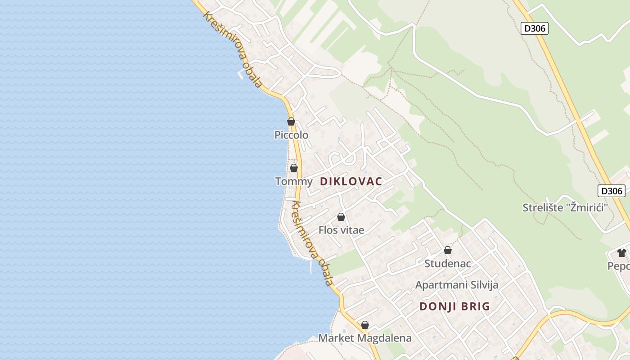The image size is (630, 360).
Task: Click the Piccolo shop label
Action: (x=292, y=135)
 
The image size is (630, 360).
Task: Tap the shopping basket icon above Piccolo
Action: (x=291, y=121)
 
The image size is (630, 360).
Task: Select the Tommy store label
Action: (x=293, y=181)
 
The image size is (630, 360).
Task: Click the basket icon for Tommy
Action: (x=294, y=168)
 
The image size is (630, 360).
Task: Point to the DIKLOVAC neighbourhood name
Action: (x=351, y=181)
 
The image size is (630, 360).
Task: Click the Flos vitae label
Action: (x=341, y=230)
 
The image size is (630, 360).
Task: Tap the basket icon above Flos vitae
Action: (x=341, y=217)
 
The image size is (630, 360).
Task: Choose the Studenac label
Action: (x=448, y=263)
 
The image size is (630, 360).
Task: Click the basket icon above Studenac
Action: (x=448, y=250)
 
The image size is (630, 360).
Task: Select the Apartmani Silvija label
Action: (x=457, y=285)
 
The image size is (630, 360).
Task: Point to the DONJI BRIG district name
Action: (x=454, y=306)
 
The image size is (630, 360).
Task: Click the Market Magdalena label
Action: (x=365, y=338)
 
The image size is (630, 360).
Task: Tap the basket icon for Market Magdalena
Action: (x=365, y=325)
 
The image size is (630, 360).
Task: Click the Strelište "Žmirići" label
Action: (x=565, y=207)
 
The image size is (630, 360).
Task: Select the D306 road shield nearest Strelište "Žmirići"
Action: (x=612, y=191)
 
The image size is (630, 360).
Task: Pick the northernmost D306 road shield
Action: (x=535, y=28)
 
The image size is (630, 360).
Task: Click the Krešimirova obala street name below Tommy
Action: (x=312, y=243)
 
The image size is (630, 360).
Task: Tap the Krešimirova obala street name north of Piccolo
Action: (x=232, y=49)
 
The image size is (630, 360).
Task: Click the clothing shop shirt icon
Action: (x=622, y=252)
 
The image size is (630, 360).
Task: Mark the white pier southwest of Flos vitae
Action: (x=310, y=267)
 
